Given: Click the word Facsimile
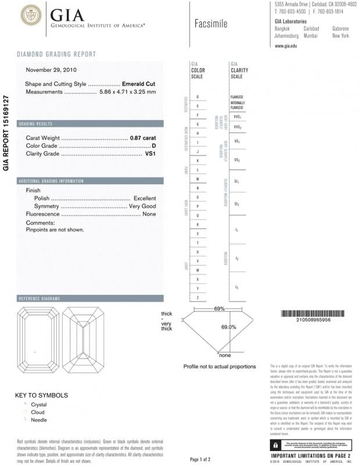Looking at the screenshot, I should pyautogui.click(x=211, y=24).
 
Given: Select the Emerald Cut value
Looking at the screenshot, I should pyautogui.click(x=139, y=84).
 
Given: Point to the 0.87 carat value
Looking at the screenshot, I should pyautogui.click(x=143, y=138).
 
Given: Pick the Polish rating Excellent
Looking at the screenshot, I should pyautogui.click(x=145, y=198).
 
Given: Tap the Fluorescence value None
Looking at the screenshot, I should pyautogui.click(x=149, y=214).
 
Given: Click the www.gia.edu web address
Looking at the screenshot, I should pyautogui.click(x=286, y=45).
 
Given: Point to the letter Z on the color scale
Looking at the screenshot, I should pyautogui.click(x=198, y=298).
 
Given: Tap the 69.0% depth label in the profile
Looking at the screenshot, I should pyautogui.click(x=229, y=327).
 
